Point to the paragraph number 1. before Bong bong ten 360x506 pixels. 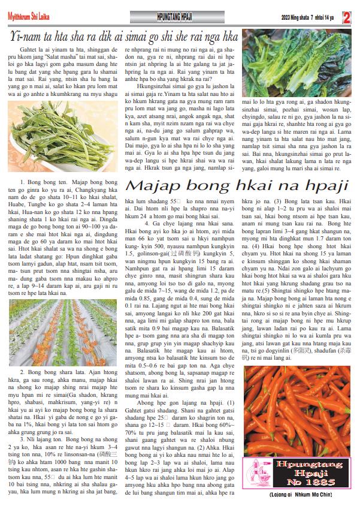click(22, 181)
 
